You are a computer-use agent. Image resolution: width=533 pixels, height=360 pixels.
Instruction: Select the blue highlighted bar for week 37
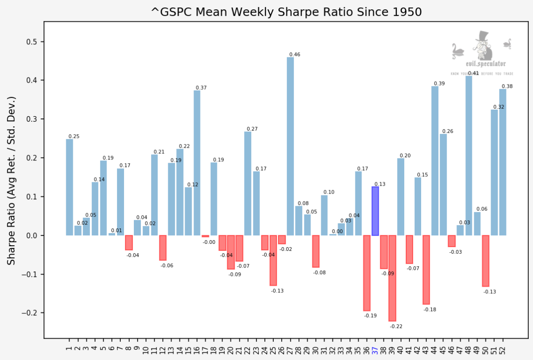click(375, 211)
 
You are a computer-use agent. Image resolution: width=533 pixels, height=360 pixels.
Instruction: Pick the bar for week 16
click(197, 163)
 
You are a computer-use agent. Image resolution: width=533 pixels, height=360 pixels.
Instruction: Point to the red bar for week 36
click(367, 273)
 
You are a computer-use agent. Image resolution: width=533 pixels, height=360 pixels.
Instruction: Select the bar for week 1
click(69, 187)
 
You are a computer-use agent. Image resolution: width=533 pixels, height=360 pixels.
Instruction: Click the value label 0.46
click(295, 55)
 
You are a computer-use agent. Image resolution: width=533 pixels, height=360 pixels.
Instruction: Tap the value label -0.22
click(396, 326)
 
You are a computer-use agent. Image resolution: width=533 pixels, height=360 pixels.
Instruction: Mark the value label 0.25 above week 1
click(74, 137)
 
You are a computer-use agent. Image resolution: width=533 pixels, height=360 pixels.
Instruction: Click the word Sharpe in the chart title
click(296, 12)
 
